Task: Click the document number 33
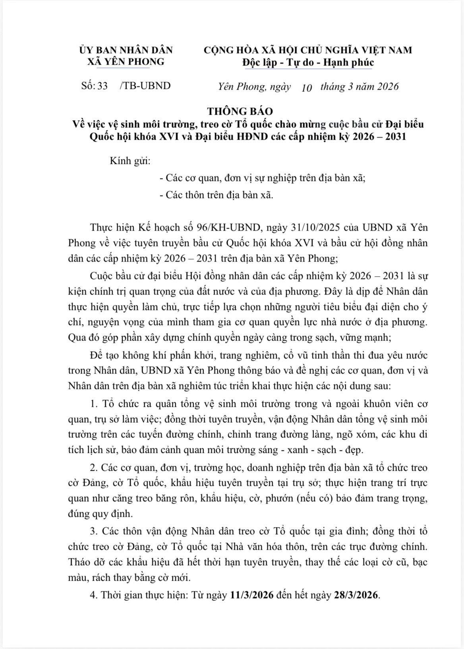click(102, 86)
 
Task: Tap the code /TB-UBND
click(145, 86)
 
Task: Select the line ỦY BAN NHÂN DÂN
click(126, 50)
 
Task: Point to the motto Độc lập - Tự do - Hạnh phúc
click(308, 62)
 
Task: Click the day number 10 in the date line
click(307, 87)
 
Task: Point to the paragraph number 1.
click(94, 404)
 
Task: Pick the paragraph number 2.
click(94, 468)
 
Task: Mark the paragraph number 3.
click(94, 531)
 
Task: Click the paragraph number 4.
click(94, 595)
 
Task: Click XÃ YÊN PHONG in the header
click(126, 62)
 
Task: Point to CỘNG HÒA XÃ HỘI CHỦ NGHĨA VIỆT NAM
click(308, 50)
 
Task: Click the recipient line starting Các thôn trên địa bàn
click(216, 195)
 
